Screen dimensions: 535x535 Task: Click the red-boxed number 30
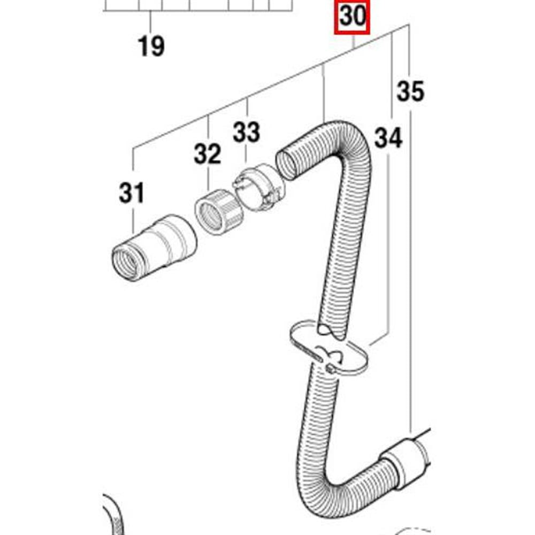352,18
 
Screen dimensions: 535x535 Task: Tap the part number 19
151,47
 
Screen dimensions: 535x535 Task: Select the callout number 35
410,91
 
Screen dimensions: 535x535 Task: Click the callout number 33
246,132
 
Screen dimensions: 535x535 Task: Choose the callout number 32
208,155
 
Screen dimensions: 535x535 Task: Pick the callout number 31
132,193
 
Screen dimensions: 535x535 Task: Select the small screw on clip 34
331,369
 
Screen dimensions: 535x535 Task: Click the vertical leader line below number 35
410,267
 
